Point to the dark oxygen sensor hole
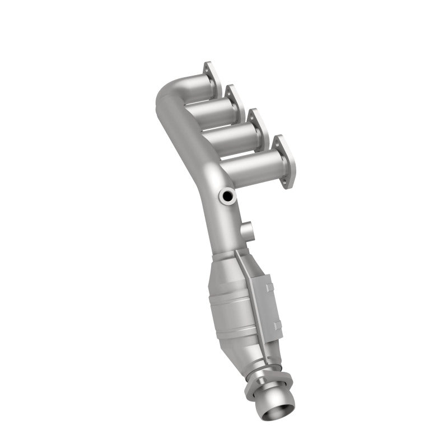click(228, 196)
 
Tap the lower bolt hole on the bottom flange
click(289, 182)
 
